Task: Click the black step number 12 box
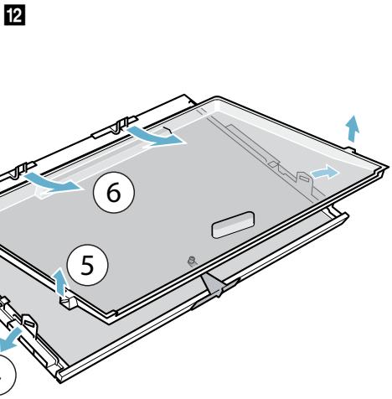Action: point(14,15)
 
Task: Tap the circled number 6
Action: point(114,192)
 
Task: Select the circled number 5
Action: point(87,265)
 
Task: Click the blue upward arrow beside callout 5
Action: point(60,281)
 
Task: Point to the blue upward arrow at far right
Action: point(353,128)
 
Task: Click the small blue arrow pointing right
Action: point(325,172)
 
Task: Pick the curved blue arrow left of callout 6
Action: point(53,183)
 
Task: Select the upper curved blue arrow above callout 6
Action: point(157,136)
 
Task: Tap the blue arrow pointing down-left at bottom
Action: point(10,339)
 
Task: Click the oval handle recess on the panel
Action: point(234,225)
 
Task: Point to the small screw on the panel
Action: point(192,261)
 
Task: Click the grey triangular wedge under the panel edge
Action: point(213,284)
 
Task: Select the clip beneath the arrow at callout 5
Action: point(68,302)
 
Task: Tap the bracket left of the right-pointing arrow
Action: point(305,182)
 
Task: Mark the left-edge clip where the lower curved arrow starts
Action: point(22,170)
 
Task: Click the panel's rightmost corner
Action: point(388,167)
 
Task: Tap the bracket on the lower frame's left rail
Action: point(29,324)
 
